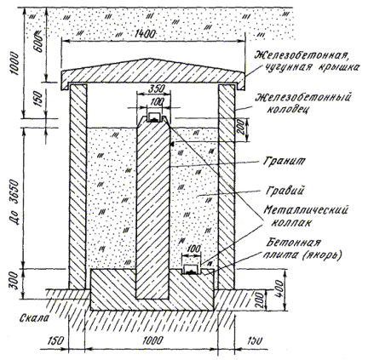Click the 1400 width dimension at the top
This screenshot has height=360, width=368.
(x=144, y=34)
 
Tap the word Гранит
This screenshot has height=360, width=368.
(x=284, y=161)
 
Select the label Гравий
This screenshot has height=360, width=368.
(x=285, y=190)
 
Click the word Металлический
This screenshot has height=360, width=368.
(x=306, y=211)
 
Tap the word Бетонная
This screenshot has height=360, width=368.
(x=293, y=243)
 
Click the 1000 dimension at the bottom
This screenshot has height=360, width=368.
(x=152, y=340)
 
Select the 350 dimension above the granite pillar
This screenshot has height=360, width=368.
(x=157, y=89)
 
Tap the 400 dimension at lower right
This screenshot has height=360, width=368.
(x=279, y=289)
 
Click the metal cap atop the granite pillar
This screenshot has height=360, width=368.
(x=154, y=117)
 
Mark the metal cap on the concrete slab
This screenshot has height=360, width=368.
(x=192, y=270)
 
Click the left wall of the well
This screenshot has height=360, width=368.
(x=78, y=186)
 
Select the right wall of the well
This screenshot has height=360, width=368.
(x=227, y=186)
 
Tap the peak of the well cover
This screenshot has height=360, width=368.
(x=147, y=59)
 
